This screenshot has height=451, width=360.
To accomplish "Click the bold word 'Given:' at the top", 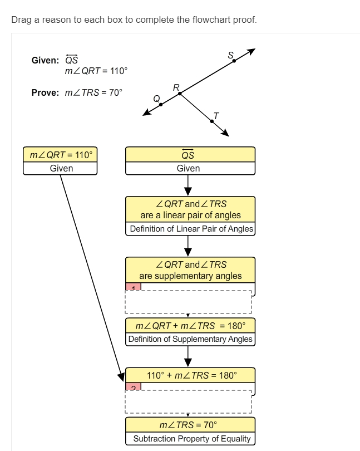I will click(x=45, y=61).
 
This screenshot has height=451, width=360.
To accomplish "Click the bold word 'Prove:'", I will click(x=45, y=92).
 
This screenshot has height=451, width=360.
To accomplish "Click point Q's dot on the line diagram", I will click(x=161, y=104).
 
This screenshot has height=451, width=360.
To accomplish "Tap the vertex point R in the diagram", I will click(x=179, y=94).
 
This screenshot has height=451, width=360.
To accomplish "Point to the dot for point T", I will click(x=212, y=121).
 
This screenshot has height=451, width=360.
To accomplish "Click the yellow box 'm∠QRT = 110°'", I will click(x=60, y=155).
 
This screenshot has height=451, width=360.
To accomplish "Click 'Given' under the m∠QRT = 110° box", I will click(x=60, y=168).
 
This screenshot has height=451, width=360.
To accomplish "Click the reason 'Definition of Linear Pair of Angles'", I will click(x=190, y=229).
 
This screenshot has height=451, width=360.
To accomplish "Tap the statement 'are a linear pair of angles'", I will click(x=190, y=215).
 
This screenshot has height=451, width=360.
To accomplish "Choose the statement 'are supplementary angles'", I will click(x=190, y=276).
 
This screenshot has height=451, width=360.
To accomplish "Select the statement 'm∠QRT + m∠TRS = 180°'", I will click(x=190, y=325).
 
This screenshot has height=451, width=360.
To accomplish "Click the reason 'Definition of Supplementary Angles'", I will click(x=190, y=339).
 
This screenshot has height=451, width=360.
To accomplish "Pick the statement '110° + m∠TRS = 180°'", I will click(x=190, y=375).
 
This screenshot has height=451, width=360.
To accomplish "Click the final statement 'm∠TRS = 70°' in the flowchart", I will click(x=190, y=425).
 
